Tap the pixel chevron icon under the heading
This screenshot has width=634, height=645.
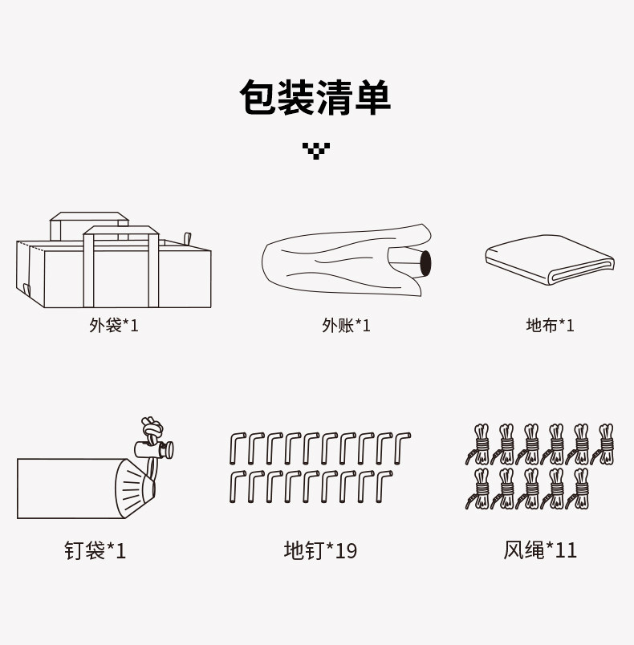[316, 150]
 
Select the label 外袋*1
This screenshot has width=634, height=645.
[114, 325]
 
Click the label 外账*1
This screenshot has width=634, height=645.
[346, 325]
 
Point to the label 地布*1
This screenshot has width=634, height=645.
[551, 325]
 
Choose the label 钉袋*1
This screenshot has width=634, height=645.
[96, 550]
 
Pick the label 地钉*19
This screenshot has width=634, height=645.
[320, 550]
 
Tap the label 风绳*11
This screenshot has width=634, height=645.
[540, 550]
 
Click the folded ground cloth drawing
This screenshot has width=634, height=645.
[550, 258]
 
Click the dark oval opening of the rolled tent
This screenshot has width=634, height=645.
[425, 262]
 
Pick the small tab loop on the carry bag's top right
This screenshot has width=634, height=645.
[188, 240]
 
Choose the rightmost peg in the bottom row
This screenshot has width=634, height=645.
[385, 487]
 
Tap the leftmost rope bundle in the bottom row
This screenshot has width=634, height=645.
[480, 489]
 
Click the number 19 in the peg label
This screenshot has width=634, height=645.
[346, 550]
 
